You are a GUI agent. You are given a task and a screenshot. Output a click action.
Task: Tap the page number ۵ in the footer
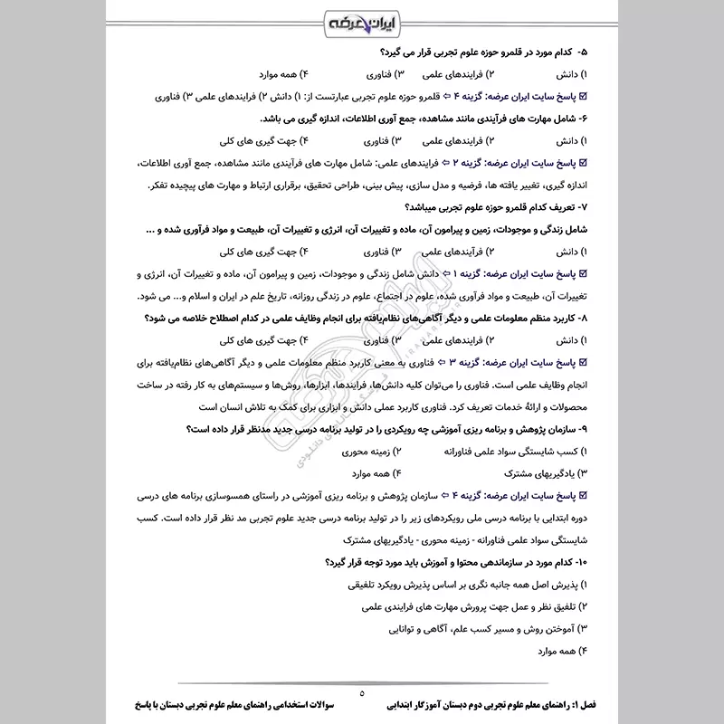coord(361,693)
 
